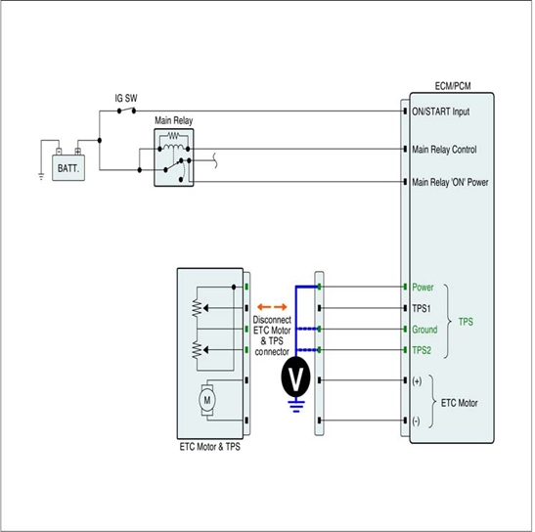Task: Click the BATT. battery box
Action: [x=68, y=168]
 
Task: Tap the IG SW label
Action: [x=126, y=98]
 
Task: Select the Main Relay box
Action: [x=174, y=157]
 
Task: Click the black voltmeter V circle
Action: [x=295, y=377]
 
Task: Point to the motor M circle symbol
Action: [x=206, y=400]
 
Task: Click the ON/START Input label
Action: [x=440, y=111]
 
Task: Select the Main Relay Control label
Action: [x=444, y=150]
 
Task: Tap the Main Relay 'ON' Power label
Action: [x=450, y=182]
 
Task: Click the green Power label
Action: [x=423, y=287]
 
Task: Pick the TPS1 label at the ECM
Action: [x=422, y=308]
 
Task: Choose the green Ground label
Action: [x=424, y=330]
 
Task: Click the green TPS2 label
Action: [x=422, y=350]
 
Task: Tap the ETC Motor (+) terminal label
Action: [x=417, y=381]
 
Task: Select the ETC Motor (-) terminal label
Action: [x=416, y=421]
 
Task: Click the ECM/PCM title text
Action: [x=453, y=86]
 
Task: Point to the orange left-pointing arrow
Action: [x=264, y=307]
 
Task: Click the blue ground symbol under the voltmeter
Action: [x=295, y=406]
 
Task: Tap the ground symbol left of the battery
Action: [x=41, y=177]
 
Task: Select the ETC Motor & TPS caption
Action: [x=210, y=447]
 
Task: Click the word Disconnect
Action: [x=272, y=320]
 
